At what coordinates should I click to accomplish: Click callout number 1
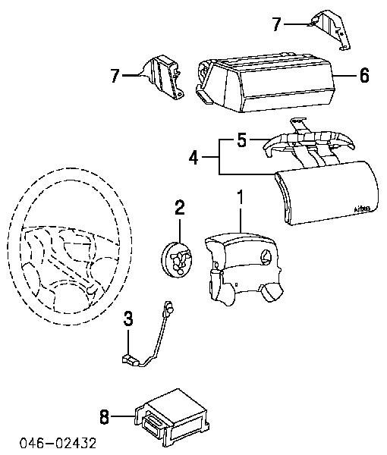[241, 199]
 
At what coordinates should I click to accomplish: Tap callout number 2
[180, 206]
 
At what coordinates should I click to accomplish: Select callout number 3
[130, 318]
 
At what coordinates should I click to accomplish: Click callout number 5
[242, 141]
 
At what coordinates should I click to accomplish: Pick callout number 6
[363, 76]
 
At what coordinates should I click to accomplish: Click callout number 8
[105, 416]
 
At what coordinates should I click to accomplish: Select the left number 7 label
[116, 75]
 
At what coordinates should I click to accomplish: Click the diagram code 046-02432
[54, 443]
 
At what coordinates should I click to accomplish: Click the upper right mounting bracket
[330, 30]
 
